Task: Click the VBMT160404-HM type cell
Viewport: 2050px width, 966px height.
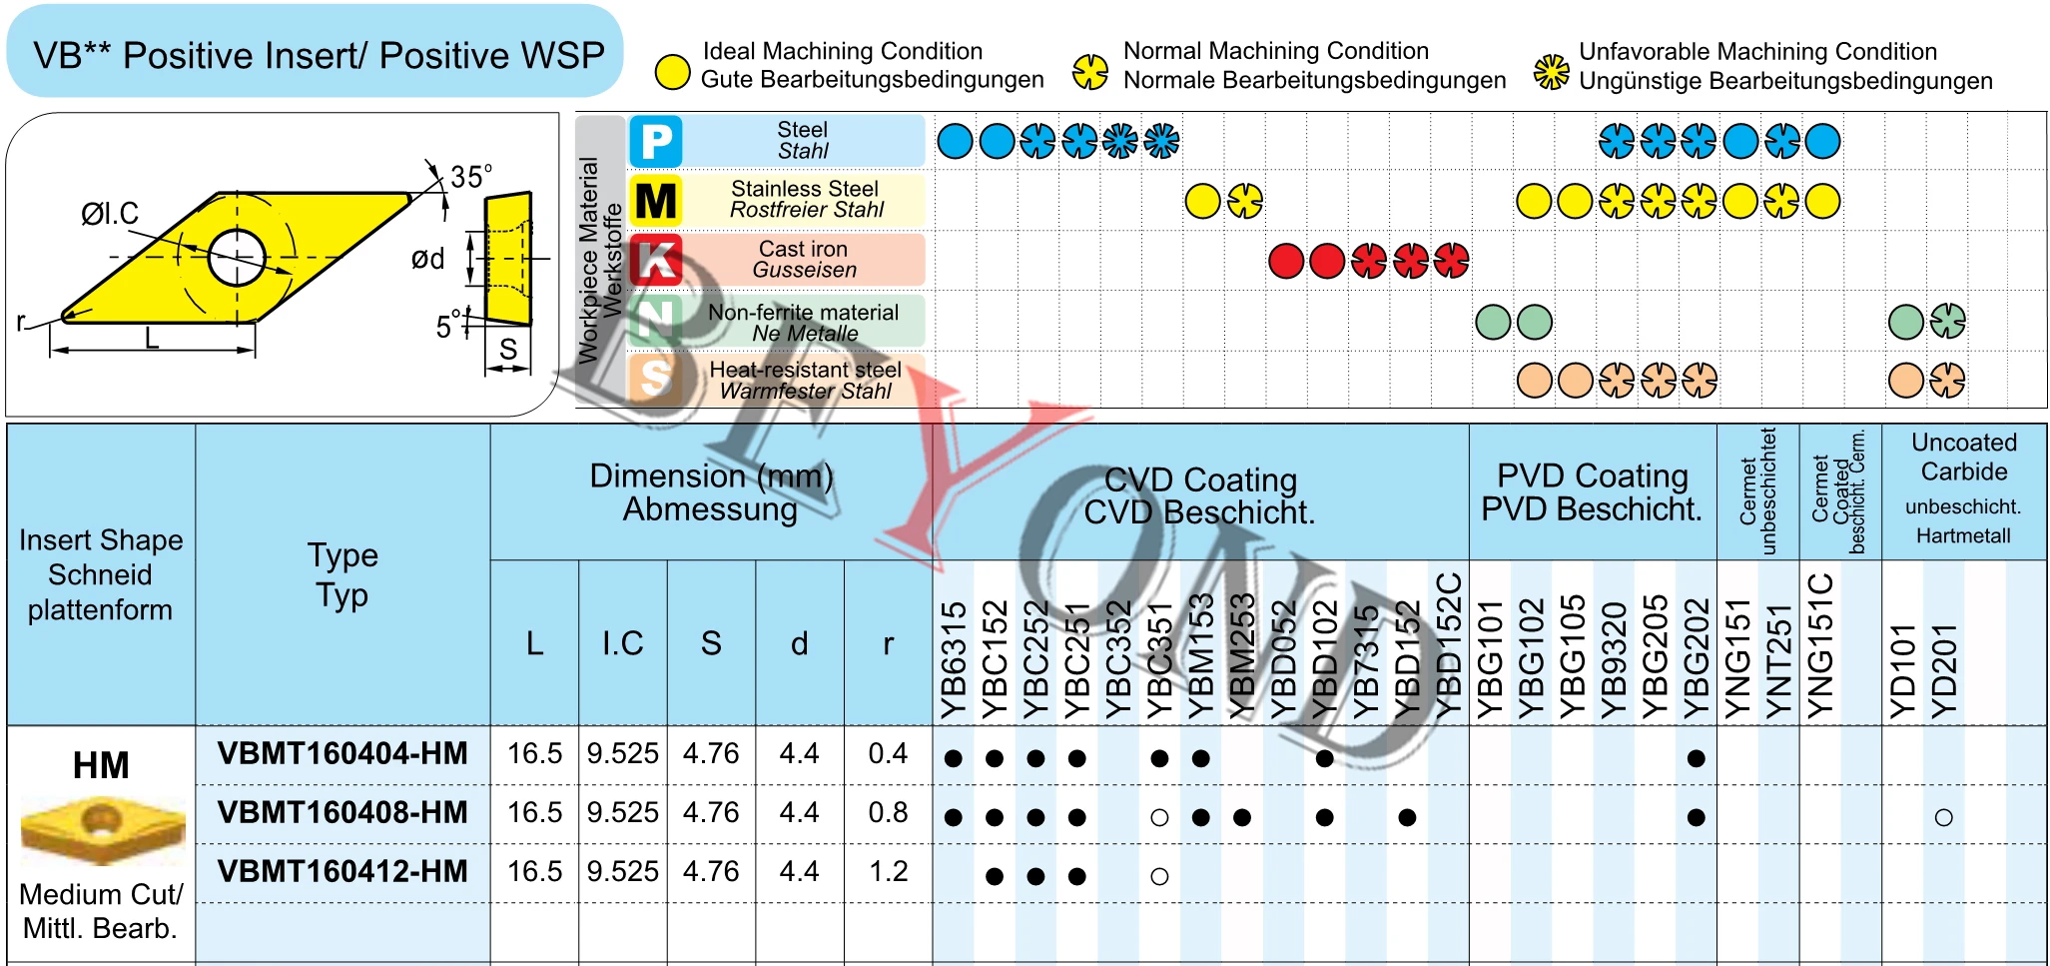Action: (342, 754)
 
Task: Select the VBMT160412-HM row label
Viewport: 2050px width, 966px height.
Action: (342, 872)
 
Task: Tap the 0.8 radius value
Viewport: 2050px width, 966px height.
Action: (888, 813)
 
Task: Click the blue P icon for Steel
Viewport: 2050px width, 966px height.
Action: (656, 141)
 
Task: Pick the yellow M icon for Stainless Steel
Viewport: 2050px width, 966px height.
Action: (656, 201)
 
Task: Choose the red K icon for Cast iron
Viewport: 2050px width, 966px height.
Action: (656, 260)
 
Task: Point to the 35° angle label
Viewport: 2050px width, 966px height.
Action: (470, 177)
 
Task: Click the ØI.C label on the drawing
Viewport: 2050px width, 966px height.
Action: (110, 214)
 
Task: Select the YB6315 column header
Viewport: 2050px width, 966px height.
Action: (955, 659)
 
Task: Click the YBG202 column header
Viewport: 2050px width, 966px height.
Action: (1697, 659)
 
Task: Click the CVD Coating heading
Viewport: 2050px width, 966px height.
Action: (1200, 495)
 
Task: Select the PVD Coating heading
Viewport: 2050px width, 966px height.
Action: (1592, 492)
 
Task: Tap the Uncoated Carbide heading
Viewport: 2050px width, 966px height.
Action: (1963, 458)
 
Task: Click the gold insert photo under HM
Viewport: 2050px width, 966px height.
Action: (102, 829)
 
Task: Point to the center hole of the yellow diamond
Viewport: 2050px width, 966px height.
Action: (237, 257)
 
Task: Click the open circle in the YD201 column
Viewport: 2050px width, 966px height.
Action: (1943, 817)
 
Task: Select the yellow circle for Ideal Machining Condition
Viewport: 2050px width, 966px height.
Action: (672, 71)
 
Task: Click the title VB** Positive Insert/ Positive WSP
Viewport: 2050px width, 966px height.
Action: (318, 55)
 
